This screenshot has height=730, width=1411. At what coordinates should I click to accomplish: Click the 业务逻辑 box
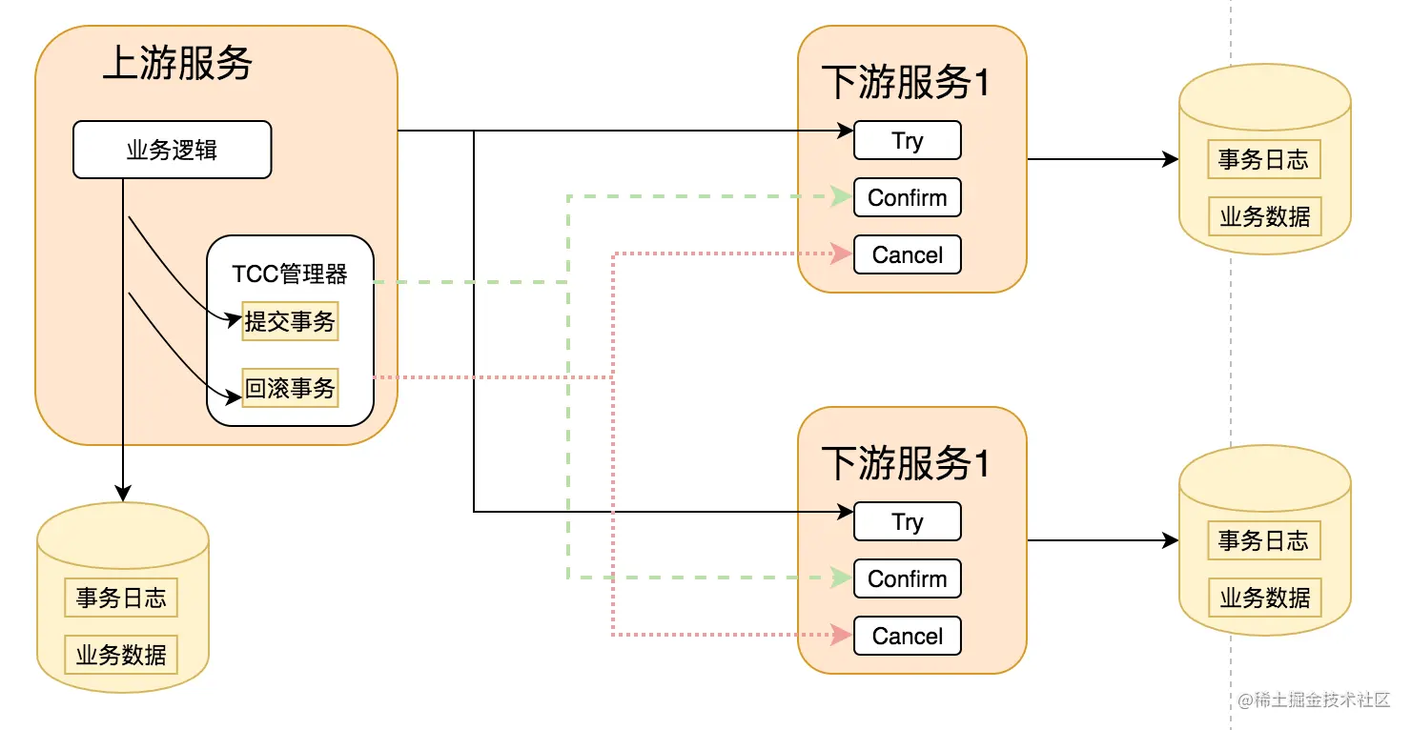172,150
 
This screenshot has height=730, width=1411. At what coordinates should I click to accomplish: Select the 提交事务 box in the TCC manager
290,322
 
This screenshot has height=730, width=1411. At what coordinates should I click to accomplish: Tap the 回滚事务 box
290,389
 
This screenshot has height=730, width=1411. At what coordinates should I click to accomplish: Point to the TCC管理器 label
290,274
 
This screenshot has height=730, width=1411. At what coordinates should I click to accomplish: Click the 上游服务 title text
177,64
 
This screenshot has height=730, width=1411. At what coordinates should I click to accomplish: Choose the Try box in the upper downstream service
907,141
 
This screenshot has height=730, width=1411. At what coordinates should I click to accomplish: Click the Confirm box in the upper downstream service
907,198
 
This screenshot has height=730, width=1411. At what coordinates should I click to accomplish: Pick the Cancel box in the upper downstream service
907,255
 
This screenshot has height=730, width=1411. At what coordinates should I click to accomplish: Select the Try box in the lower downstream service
907,522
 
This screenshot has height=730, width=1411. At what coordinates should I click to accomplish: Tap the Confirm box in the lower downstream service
907,579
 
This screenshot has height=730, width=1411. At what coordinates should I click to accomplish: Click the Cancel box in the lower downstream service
907,637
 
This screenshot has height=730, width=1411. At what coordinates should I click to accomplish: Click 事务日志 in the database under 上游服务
121,598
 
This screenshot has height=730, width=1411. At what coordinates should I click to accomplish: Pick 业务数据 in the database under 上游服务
121,655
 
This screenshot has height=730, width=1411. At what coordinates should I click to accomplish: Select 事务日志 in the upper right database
1263,160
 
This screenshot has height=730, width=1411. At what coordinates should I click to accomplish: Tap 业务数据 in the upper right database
1264,216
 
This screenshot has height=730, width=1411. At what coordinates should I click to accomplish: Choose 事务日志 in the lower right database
1263,541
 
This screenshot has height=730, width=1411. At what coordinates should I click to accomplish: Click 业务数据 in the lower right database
1264,598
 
